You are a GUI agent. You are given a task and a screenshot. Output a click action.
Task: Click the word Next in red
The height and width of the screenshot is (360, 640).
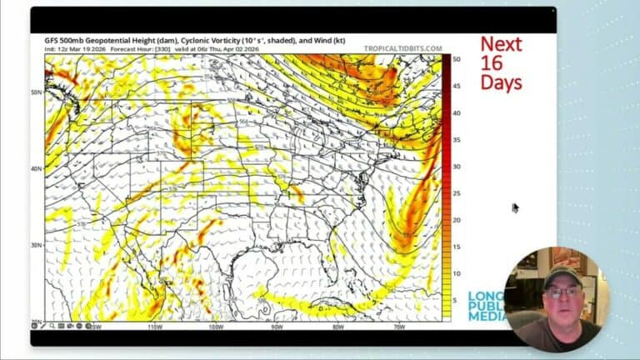502,45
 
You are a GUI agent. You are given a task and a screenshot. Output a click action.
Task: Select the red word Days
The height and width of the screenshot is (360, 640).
502,82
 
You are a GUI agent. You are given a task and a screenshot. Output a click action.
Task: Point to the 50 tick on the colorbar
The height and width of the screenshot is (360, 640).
457,59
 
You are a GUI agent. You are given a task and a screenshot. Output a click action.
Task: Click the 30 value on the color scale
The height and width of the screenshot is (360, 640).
457,167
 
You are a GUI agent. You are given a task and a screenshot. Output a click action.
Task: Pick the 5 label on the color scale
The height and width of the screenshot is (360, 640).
455,300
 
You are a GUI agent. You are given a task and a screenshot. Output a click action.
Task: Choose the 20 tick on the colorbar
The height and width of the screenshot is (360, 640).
457,220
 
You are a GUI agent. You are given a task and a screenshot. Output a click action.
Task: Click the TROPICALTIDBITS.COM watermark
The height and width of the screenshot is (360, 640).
402,49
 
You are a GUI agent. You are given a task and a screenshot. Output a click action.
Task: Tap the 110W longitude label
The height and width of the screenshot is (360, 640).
155,326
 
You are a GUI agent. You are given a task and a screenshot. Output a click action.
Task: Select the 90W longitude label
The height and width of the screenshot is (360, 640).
277,326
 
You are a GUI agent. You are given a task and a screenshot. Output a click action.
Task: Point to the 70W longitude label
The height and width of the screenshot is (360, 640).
399,326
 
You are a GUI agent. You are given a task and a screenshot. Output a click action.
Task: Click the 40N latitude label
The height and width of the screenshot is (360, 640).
37,168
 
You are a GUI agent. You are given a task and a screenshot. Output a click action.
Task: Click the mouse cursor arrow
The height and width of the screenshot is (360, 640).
515,207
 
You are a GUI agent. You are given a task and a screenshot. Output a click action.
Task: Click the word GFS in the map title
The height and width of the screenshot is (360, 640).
52,41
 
